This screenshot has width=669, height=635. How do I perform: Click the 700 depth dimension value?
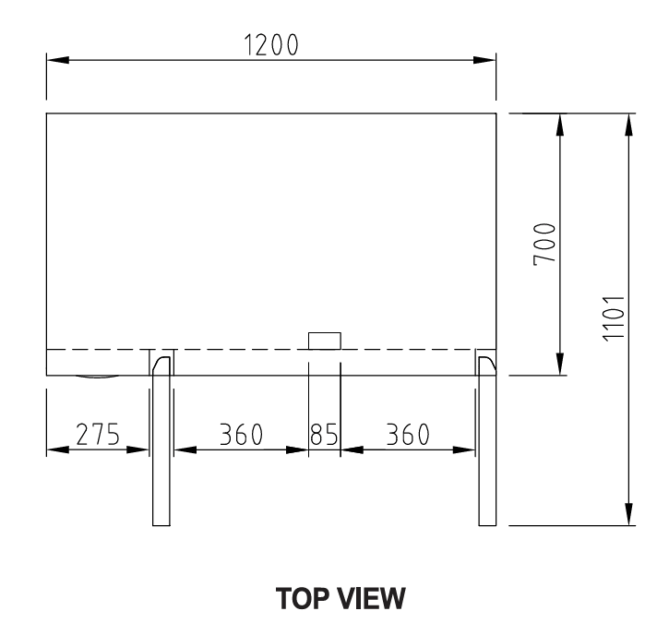pos(546,244)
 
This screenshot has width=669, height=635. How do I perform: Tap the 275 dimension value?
pos(97,435)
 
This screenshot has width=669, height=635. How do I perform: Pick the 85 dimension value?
pos(324,435)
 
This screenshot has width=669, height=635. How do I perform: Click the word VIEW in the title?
pos(373,601)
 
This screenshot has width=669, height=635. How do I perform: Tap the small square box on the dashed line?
pos(324,341)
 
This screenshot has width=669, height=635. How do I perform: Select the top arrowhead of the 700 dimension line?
pos(560,125)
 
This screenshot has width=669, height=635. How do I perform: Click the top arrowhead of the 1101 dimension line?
pos(629,125)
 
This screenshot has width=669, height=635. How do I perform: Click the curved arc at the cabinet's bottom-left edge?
pos(97,377)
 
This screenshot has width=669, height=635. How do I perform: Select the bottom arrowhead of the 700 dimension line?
pos(560,365)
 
